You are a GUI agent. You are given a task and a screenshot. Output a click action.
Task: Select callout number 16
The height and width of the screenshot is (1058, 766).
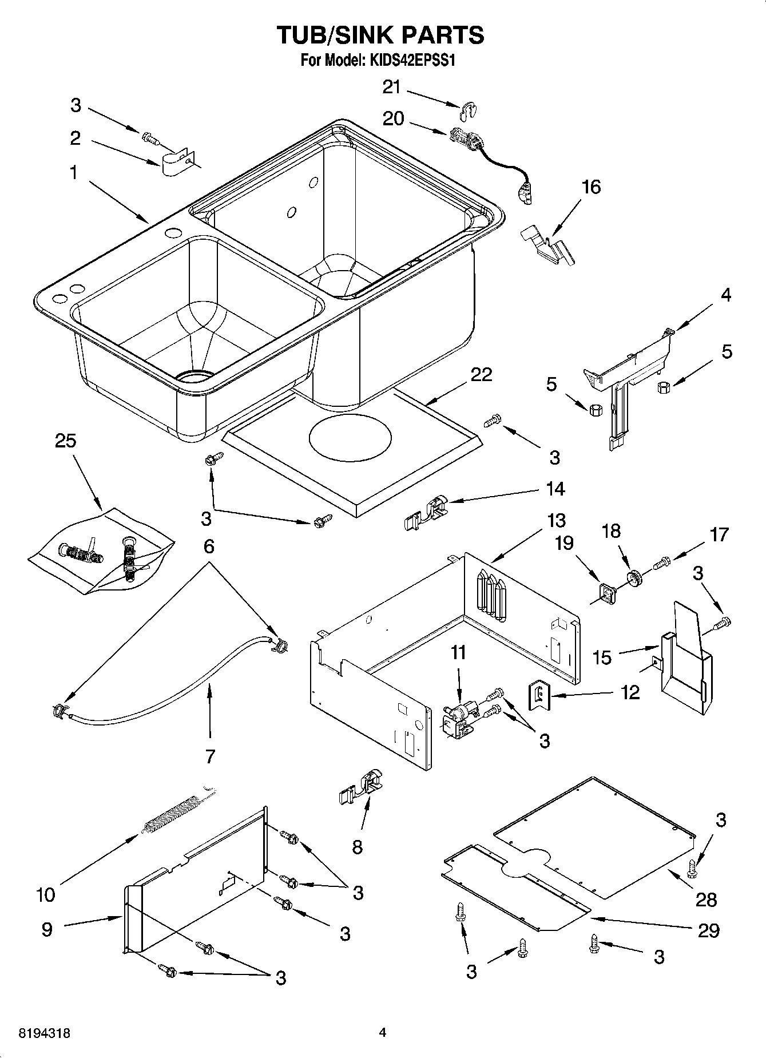click(x=591, y=187)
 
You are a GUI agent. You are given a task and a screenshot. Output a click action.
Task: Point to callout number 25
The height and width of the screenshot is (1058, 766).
click(x=66, y=441)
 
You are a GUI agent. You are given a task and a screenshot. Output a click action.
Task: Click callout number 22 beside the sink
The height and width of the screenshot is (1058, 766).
click(x=481, y=374)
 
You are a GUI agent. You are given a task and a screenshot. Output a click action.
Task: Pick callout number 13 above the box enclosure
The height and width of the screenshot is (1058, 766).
click(x=555, y=520)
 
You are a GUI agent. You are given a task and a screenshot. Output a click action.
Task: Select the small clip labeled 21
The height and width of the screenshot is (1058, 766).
click(x=469, y=110)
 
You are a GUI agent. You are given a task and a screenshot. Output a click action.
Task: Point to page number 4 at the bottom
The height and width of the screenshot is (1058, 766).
click(x=383, y=1033)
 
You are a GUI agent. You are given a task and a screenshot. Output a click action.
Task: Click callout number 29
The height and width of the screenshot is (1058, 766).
click(x=708, y=930)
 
